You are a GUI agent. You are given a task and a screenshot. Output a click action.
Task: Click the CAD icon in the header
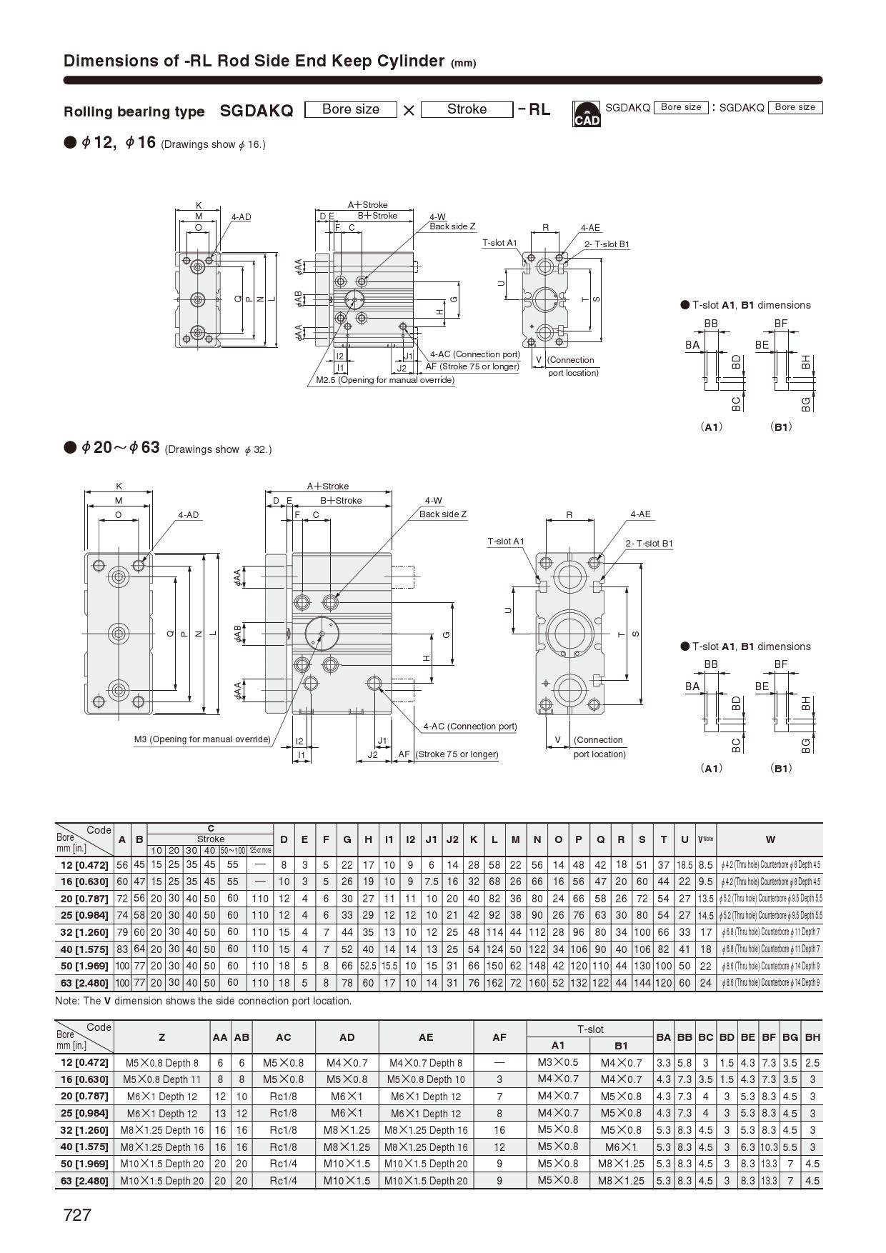[587, 114]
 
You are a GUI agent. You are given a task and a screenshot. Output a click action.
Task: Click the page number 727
[77, 1214]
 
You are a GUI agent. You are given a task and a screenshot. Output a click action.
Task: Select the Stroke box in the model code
[467, 109]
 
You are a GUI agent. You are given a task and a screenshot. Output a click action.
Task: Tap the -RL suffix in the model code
[534, 109]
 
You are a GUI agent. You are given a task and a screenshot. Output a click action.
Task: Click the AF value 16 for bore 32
[499, 1130]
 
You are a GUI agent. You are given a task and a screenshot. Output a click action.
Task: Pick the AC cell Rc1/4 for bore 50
[283, 1164]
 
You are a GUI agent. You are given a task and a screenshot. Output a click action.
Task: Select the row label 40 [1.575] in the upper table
[84, 949]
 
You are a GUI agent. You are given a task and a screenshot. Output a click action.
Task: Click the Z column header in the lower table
[161, 1037]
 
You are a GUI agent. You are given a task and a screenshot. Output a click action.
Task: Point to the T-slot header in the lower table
[590, 1029]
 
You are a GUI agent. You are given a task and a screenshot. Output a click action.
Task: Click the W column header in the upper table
[770, 839]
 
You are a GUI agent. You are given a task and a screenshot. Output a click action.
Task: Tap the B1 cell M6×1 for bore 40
[621, 1147]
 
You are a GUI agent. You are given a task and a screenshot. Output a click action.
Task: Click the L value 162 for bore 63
[494, 983]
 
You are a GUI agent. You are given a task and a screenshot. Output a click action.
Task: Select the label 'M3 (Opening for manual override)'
[202, 739]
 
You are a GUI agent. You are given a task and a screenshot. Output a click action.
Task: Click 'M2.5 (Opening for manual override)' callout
[385, 380]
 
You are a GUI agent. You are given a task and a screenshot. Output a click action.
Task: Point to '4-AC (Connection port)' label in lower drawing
[469, 727]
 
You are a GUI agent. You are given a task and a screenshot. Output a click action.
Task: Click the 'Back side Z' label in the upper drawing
[452, 226]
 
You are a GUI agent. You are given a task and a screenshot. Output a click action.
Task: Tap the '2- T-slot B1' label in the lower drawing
[649, 544]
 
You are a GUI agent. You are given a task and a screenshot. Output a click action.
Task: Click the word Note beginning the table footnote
[67, 1001]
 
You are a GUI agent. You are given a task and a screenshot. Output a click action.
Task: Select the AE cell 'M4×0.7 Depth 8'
[426, 1063]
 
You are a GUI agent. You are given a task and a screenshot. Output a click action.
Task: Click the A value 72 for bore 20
[122, 899]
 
